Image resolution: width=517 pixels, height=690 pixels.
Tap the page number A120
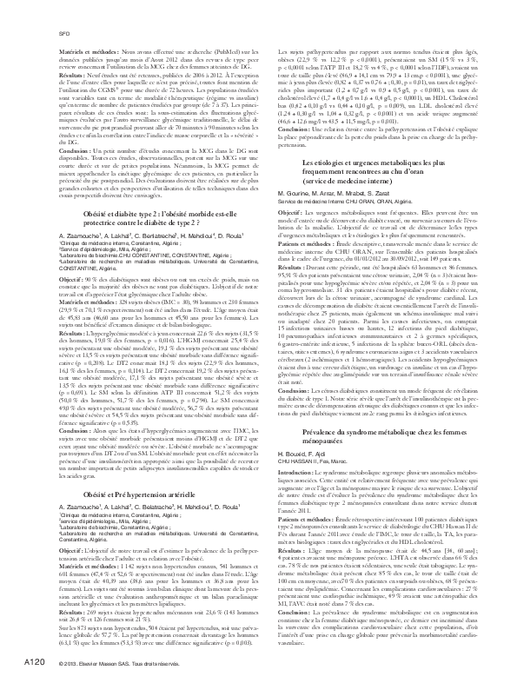(35, 662)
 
